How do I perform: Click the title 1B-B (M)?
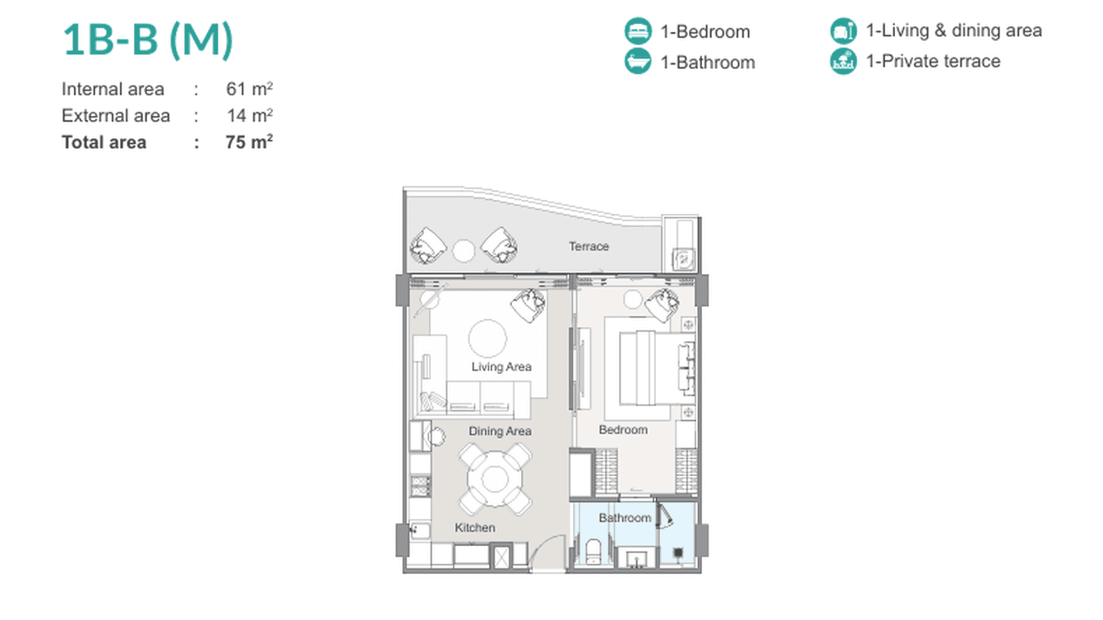148,40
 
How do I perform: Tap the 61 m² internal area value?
249,89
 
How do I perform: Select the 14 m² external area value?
249,116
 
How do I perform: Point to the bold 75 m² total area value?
249,142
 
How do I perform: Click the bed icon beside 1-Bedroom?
638,31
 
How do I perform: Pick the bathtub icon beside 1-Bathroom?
638,61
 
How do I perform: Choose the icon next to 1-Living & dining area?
843,30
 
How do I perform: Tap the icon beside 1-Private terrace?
843,61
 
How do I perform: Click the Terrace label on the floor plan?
589,246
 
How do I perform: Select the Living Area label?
501,367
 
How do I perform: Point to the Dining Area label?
500,432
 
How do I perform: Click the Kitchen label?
475,528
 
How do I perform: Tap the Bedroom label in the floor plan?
623,430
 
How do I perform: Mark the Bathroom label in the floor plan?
625,518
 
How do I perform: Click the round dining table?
495,479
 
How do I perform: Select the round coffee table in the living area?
487,338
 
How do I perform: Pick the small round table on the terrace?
464,251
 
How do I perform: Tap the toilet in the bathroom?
594,552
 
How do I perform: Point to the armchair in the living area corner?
528,305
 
